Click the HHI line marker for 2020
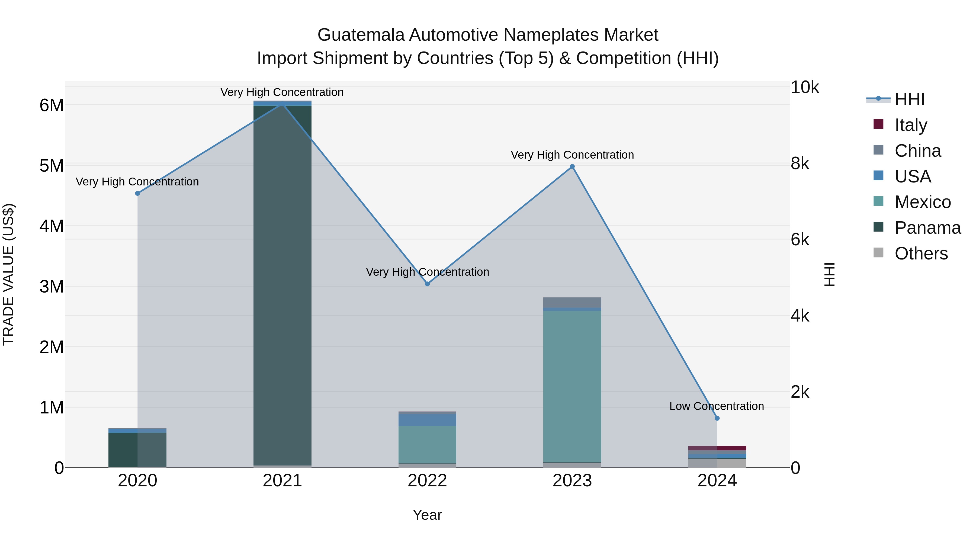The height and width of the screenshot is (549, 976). [x=137, y=193]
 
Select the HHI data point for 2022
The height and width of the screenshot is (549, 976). [x=427, y=284]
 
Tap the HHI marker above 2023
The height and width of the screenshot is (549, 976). [x=572, y=167]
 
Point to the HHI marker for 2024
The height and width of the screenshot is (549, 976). [x=717, y=418]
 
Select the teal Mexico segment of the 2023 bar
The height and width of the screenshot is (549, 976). [x=572, y=386]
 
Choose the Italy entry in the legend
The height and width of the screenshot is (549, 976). [x=910, y=125]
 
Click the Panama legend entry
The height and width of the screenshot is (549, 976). [x=927, y=228]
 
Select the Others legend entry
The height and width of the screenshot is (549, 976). [x=921, y=253]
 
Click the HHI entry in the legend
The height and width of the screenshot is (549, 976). [x=909, y=99]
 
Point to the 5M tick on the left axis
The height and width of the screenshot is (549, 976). [x=52, y=166]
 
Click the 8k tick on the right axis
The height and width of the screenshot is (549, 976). [x=800, y=164]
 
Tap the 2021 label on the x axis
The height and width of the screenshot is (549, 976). [x=282, y=481]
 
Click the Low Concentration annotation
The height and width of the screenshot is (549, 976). [x=716, y=406]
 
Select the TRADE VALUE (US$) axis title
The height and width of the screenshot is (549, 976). [x=8, y=274]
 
